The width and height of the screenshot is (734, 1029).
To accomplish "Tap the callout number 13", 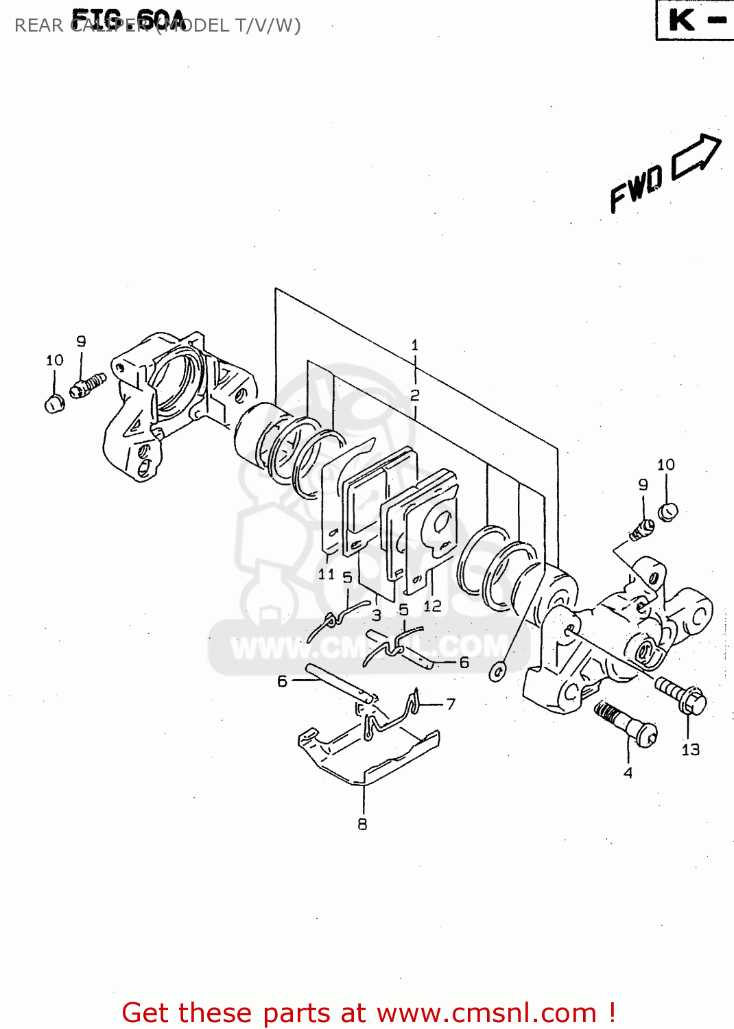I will click(x=690, y=750).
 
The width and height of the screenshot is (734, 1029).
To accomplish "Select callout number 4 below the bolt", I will click(x=628, y=773).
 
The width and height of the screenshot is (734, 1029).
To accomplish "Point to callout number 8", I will click(x=362, y=824).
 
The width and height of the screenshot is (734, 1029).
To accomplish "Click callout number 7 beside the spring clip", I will click(x=451, y=705).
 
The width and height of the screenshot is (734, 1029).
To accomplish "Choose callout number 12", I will click(x=432, y=606).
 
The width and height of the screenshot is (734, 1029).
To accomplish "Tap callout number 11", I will click(x=326, y=574).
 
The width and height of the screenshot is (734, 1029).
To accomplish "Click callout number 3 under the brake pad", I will click(x=376, y=615).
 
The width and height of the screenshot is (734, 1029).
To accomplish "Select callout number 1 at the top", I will click(x=414, y=345).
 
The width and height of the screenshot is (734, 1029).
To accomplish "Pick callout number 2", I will click(x=414, y=395).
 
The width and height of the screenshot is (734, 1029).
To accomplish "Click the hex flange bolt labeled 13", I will click(x=682, y=695).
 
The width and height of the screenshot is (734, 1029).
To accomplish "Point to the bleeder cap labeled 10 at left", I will click(x=54, y=403).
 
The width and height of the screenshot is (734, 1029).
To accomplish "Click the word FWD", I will click(x=636, y=188).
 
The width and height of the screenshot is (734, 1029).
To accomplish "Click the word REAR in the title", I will click(x=38, y=26).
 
